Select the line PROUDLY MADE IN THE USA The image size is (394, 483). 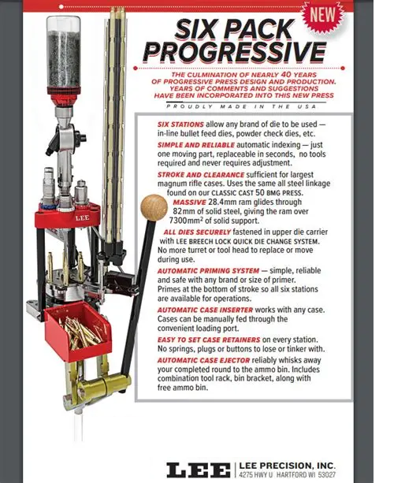(x=240, y=105)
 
